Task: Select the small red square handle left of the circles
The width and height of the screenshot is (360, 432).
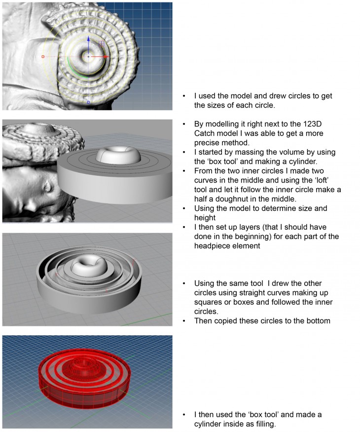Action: click(43, 57)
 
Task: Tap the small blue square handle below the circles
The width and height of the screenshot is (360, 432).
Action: click(88, 102)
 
